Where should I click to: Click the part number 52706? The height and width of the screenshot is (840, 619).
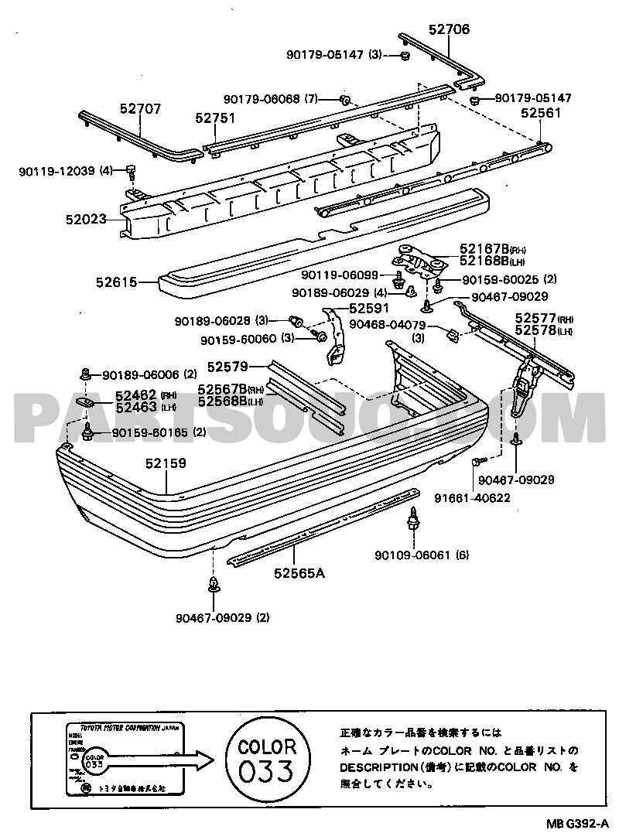pos(449,29)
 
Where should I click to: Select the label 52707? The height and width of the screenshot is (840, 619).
pos(140,109)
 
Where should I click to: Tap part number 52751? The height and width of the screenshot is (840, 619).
pos(215,118)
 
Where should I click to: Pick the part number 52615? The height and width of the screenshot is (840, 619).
pos(117,283)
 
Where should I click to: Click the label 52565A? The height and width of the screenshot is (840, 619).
pos(298,574)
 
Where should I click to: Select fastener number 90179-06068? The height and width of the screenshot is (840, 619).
pos(262,99)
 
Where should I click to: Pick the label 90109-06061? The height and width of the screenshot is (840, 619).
pos(414,555)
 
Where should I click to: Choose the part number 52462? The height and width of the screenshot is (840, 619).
pos(136,394)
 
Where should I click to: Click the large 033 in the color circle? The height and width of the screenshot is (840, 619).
pos(267,771)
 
